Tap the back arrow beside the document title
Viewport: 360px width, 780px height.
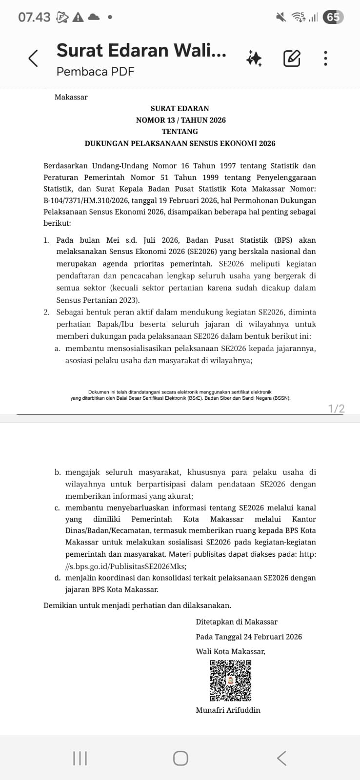(x=33, y=58)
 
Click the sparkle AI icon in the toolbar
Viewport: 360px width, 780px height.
(x=254, y=58)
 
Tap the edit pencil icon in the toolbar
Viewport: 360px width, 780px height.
(x=292, y=58)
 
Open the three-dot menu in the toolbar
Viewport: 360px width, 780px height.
(x=325, y=58)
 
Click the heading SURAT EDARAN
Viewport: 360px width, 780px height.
(x=180, y=108)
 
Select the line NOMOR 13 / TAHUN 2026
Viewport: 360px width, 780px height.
(x=180, y=120)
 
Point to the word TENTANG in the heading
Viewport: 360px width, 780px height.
(x=180, y=131)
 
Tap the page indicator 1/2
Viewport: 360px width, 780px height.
(x=336, y=409)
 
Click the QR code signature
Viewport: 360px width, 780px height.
(x=231, y=680)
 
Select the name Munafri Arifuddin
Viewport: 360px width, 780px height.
(x=228, y=710)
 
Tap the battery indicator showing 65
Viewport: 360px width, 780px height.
(x=333, y=18)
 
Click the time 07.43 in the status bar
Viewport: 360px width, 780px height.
(x=34, y=18)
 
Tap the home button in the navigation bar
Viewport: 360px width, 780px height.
(x=180, y=758)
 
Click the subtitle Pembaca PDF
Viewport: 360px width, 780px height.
(x=95, y=72)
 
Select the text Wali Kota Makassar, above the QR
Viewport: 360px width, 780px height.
(x=230, y=651)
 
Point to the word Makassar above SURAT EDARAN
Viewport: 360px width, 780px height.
(x=71, y=97)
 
